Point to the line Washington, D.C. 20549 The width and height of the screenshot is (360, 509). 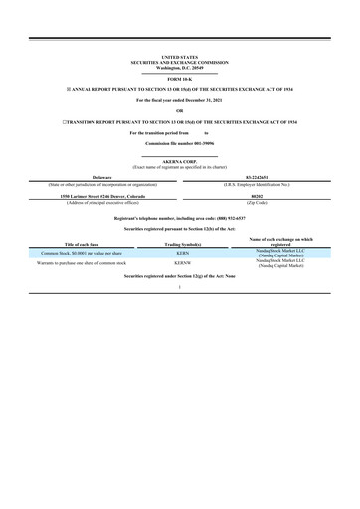180,66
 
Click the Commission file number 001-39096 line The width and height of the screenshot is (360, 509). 180,145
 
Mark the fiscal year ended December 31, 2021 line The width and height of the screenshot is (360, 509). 180,101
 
